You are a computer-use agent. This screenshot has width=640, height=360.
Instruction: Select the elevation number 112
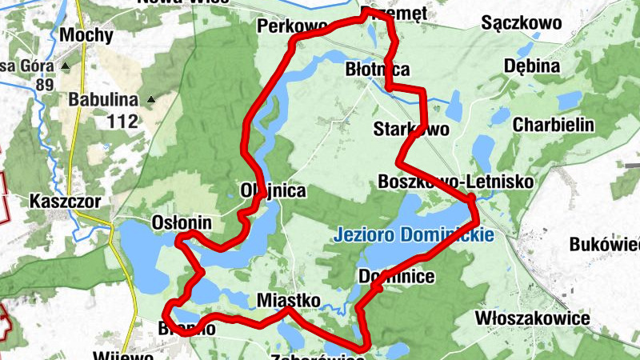click(x=122, y=122)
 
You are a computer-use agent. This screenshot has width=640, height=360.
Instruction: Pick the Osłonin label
click(x=182, y=223)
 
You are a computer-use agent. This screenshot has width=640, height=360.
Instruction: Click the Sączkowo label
click(x=522, y=23)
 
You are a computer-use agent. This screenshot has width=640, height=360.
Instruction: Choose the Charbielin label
click(x=554, y=125)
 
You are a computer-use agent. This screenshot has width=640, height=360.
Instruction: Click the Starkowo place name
click(x=412, y=128)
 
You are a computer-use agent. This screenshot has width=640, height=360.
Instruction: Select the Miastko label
click(x=289, y=300)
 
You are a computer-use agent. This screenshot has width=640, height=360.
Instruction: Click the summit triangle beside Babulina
click(x=150, y=100)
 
